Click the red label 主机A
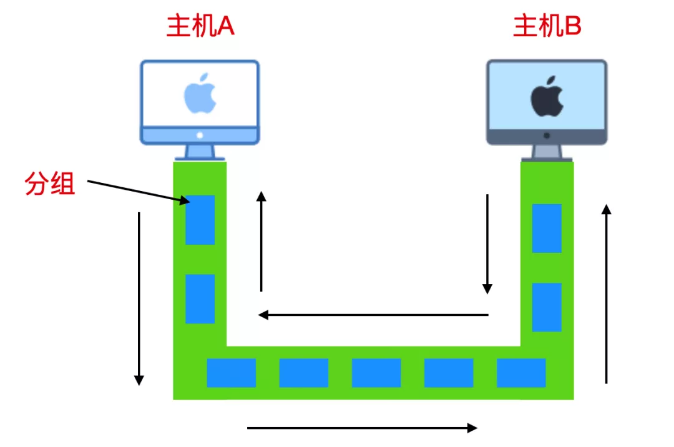pos(200,27)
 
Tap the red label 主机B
pos(547,27)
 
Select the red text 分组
pos(50,184)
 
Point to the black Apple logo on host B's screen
pos(547,97)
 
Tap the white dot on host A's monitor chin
pos(200,135)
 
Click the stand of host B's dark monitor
pos(547,152)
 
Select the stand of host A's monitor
pos(200,152)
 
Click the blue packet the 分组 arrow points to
pos(200,220)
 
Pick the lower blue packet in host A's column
pos(200,298)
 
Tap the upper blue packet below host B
pos(547,228)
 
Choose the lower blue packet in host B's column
pos(547,307)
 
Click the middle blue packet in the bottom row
pos(376,373)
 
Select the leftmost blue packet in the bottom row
pos(231,373)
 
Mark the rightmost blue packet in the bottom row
pos(521,373)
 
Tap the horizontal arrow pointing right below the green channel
pos(362,428)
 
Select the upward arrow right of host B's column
pos(605,293)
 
